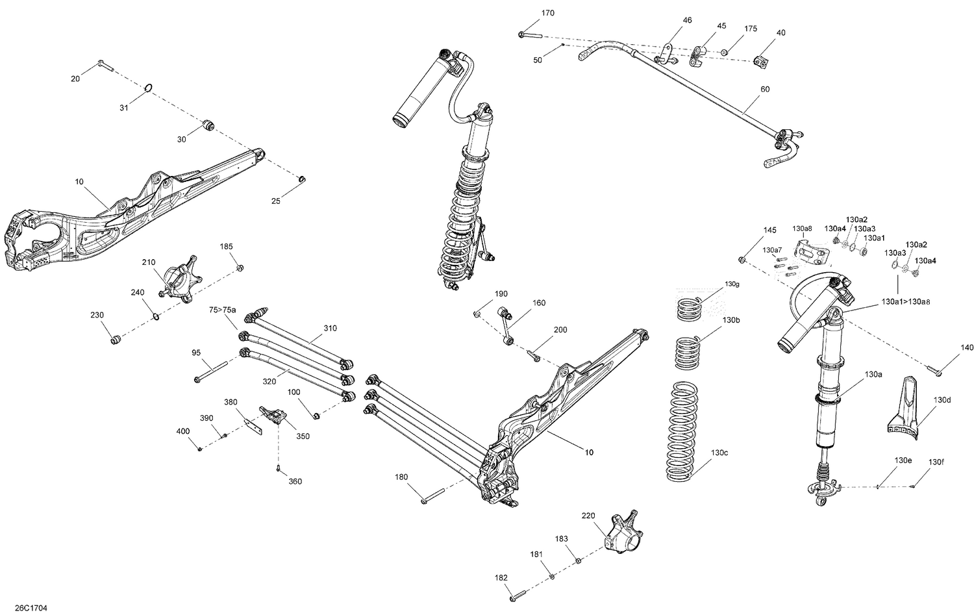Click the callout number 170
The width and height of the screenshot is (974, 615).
pyautogui.click(x=547, y=13)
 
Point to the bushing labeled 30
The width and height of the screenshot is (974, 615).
pyautogui.click(x=209, y=125)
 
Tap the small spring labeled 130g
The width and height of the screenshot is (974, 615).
pyautogui.click(x=690, y=308)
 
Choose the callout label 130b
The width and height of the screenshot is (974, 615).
pyautogui.click(x=730, y=320)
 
